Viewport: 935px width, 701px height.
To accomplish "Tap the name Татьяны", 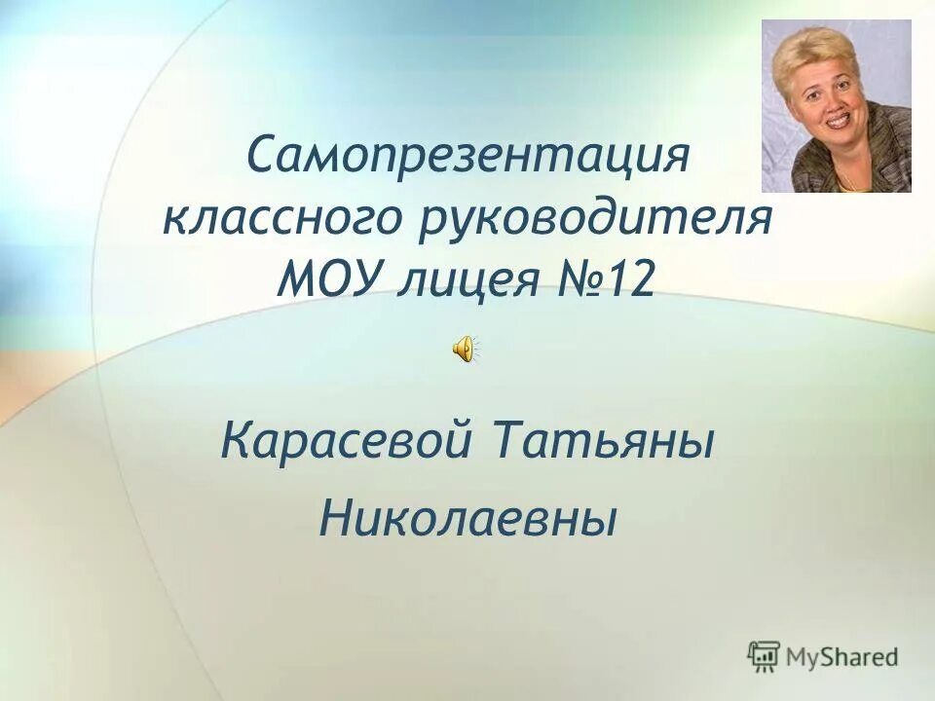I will pyautogui.click(x=606, y=445).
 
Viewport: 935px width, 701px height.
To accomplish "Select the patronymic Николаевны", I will pyautogui.click(x=468, y=517).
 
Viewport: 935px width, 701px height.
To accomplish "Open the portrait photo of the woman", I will pyautogui.click(x=836, y=106).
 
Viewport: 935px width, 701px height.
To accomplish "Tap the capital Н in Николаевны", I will pyautogui.click(x=335, y=516).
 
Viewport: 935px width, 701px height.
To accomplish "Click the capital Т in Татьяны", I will pyautogui.click(x=515, y=443).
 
